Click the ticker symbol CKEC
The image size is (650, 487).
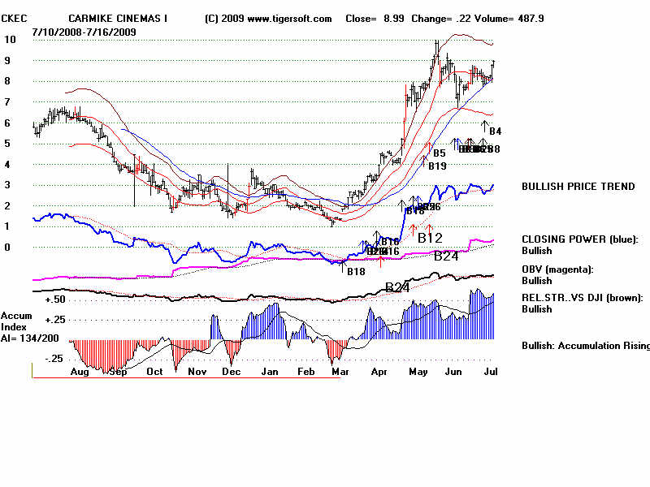click(x=14, y=19)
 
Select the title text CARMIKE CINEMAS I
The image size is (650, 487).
click(x=119, y=19)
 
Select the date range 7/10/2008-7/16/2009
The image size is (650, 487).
click(x=84, y=32)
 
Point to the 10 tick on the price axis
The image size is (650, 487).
click(x=11, y=40)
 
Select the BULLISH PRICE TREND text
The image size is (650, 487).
click(x=578, y=187)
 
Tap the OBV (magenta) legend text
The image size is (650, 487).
click(x=557, y=269)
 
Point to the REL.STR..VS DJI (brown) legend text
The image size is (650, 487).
click(x=582, y=298)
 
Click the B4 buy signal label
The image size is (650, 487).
click(x=495, y=131)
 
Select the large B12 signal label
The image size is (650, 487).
click(x=431, y=238)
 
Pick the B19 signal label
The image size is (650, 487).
click(x=437, y=166)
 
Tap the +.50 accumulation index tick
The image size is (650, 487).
click(x=55, y=300)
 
